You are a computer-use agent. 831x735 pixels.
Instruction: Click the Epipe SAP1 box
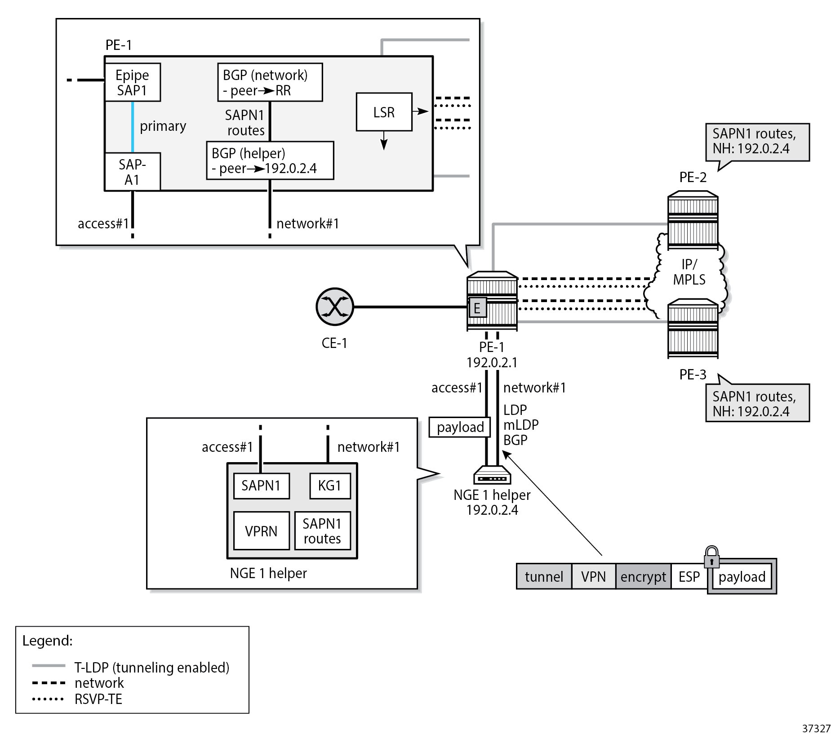click(132, 82)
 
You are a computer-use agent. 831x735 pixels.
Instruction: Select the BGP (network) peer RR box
click(270, 82)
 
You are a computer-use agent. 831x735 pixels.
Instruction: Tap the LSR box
click(384, 112)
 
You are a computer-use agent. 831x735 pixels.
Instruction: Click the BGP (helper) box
click(270, 160)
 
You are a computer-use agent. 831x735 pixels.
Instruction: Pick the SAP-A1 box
click(132, 172)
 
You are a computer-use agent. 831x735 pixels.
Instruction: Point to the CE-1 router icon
click(335, 307)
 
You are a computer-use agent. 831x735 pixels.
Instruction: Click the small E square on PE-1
click(477, 308)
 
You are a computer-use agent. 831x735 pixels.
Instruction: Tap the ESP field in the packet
click(689, 577)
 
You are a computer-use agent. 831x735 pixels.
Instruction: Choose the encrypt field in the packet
click(643, 577)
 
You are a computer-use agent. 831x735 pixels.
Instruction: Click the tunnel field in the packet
click(544, 577)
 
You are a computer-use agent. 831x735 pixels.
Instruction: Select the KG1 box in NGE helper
click(330, 486)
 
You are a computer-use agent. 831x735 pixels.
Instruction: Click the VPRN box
click(261, 531)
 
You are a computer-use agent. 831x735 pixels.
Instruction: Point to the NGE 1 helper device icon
click(492, 475)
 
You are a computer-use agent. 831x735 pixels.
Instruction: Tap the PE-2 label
click(693, 177)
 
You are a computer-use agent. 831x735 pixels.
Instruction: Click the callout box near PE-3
click(757, 403)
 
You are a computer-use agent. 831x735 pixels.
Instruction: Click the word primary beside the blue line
click(163, 126)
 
